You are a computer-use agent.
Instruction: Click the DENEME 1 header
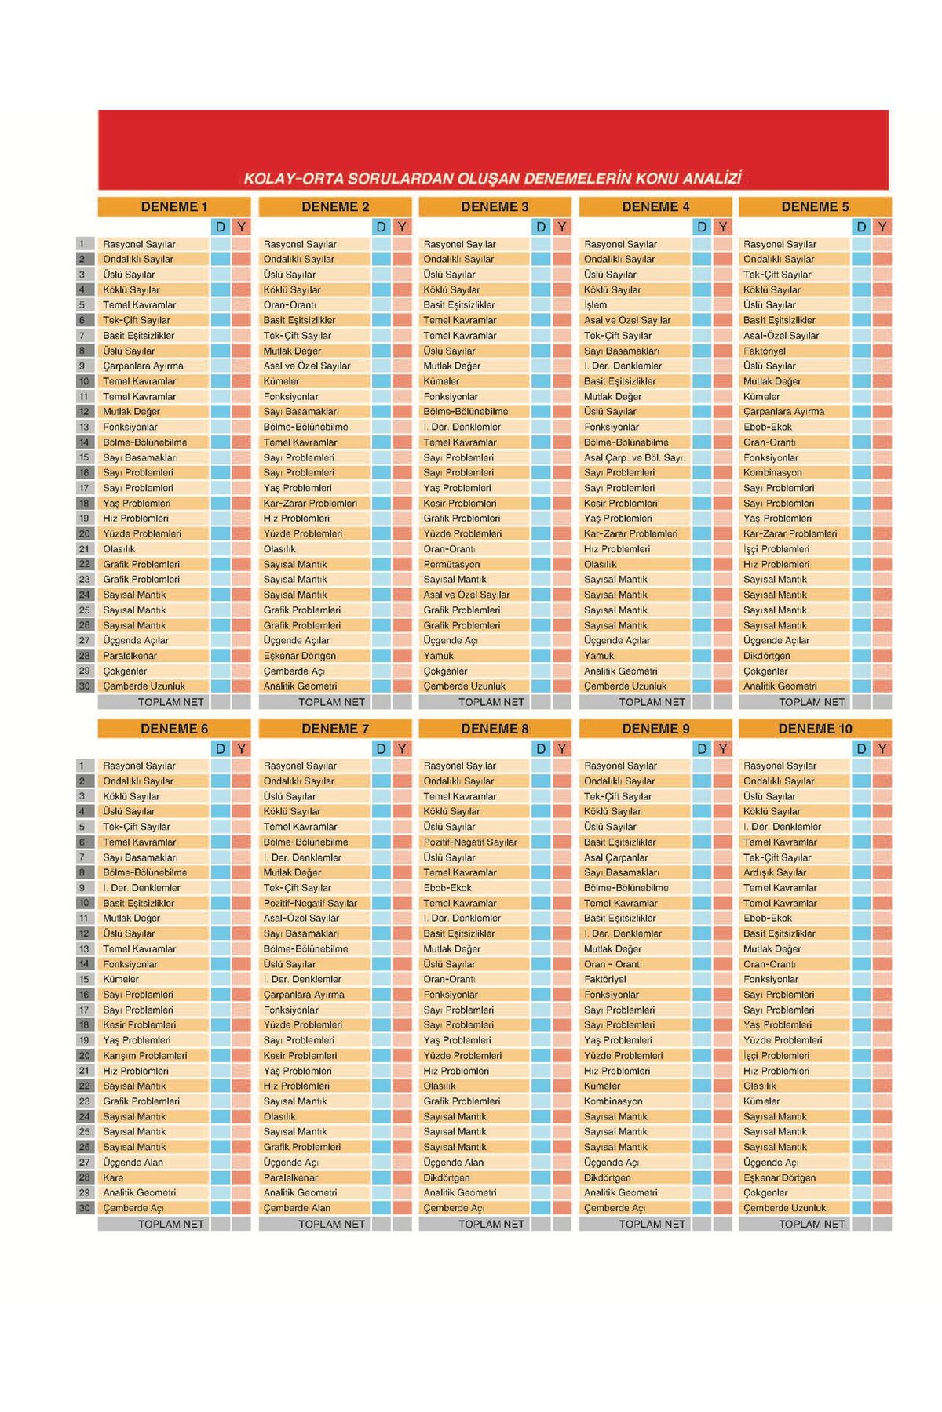pyautogui.click(x=173, y=207)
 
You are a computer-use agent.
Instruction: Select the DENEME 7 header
pyautogui.click(x=334, y=729)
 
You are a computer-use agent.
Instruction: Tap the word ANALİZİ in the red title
pyautogui.click(x=712, y=178)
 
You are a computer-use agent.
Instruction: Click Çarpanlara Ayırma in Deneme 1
pyautogui.click(x=143, y=366)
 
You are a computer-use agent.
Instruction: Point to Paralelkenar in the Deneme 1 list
pyautogui.click(x=130, y=656)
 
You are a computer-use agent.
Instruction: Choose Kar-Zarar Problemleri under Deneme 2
pyautogui.click(x=310, y=504)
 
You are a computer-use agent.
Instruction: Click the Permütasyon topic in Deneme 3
pyautogui.click(x=451, y=564)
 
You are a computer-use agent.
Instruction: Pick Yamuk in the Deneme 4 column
pyautogui.click(x=599, y=656)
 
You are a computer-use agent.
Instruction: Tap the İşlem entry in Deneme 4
pyautogui.click(x=595, y=305)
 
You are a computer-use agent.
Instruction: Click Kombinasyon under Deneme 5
pyautogui.click(x=772, y=473)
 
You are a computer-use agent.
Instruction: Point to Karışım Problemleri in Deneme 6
pyautogui.click(x=144, y=1056)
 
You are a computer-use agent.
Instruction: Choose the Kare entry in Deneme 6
pyautogui.click(x=113, y=1177)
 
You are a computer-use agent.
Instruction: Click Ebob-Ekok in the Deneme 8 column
pyautogui.click(x=447, y=888)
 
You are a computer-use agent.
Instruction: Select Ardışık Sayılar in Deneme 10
pyautogui.click(x=774, y=872)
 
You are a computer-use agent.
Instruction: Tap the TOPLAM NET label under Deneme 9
pyautogui.click(x=652, y=1224)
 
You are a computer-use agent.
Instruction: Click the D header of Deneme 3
pyautogui.click(x=540, y=227)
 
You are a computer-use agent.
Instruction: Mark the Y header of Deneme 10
pyautogui.click(x=882, y=749)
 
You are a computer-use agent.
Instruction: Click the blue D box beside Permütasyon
pyautogui.click(x=540, y=564)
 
